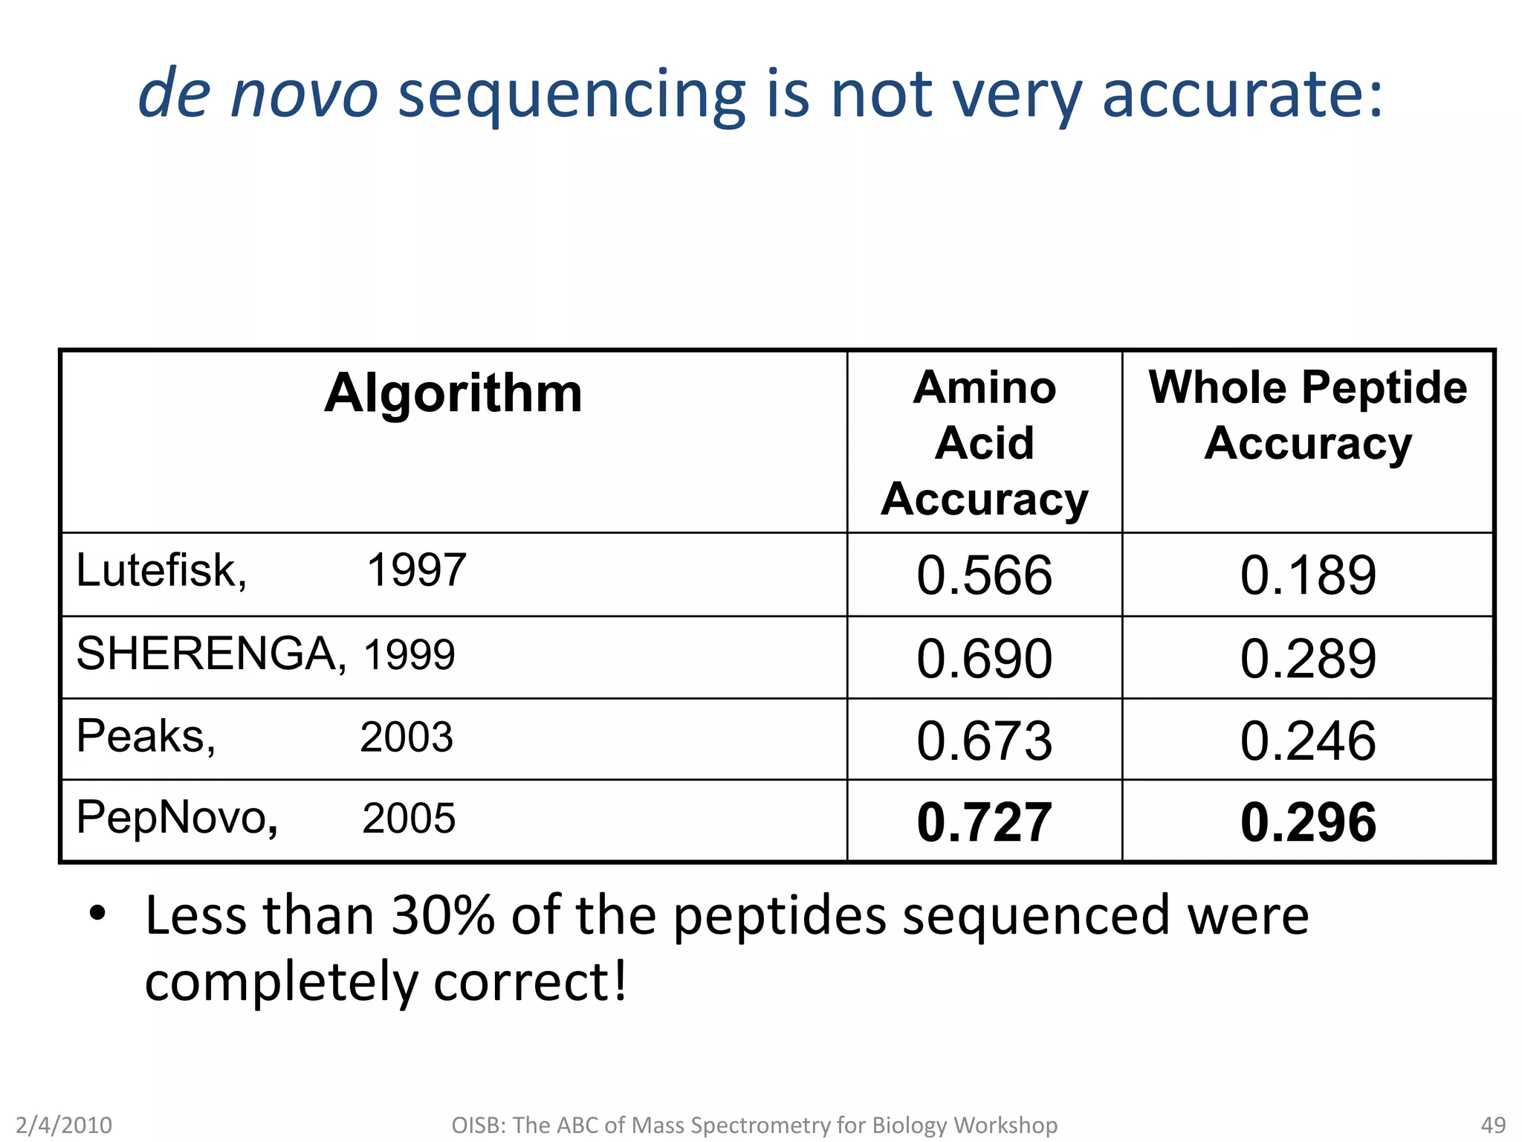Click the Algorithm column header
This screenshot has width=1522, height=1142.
(x=453, y=393)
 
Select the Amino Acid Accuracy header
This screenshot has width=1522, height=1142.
(x=984, y=442)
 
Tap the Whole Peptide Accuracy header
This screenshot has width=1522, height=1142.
(x=1307, y=415)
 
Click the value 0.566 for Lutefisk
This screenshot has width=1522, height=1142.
(x=984, y=575)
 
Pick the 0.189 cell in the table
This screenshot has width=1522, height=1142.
(x=1308, y=575)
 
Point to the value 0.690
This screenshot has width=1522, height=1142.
(x=984, y=658)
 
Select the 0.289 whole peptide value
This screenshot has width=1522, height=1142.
(x=1308, y=658)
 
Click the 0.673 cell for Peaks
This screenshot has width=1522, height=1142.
(x=984, y=741)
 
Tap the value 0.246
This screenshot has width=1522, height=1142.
(x=1308, y=741)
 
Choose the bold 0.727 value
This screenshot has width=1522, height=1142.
(x=984, y=822)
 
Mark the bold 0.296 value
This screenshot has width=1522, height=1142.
(x=1308, y=822)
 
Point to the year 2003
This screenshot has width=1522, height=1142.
(x=406, y=738)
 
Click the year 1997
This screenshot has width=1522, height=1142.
(x=416, y=571)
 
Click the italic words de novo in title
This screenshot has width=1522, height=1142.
(x=258, y=94)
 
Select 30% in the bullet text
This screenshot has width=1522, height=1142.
(x=443, y=915)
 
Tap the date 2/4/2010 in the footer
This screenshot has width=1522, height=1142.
(x=64, y=1125)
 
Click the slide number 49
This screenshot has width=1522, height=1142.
(x=1493, y=1125)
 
